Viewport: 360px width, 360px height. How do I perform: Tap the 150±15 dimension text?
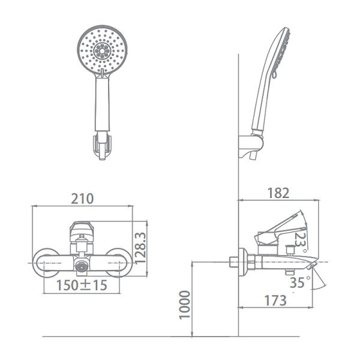click(x=82, y=286)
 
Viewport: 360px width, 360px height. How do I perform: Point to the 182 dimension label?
click(x=278, y=193)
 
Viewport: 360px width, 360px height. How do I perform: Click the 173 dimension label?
click(x=276, y=301)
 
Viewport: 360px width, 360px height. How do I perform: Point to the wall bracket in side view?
click(x=251, y=145)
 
